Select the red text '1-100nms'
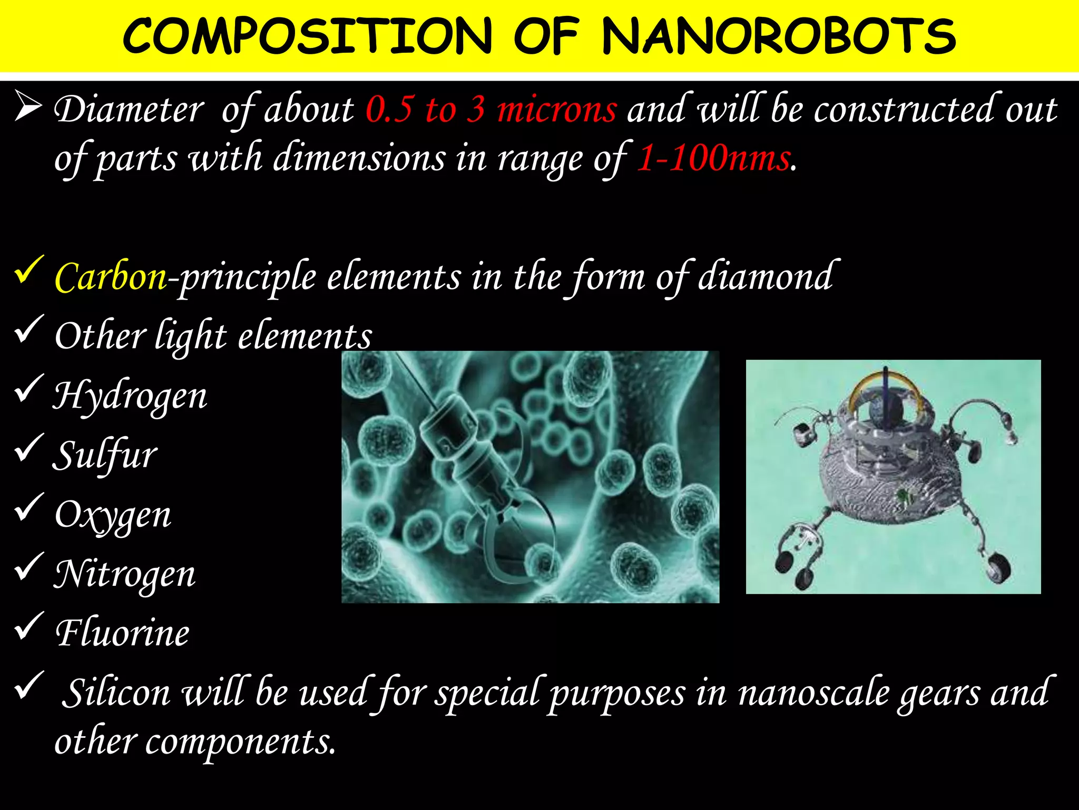coord(714,158)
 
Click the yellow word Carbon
coord(111,277)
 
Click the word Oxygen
coord(113,515)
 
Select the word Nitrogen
coord(125,574)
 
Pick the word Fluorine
coord(122,633)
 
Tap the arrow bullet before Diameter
coord(28,105)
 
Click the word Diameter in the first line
coord(129,110)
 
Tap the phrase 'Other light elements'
coord(213,336)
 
